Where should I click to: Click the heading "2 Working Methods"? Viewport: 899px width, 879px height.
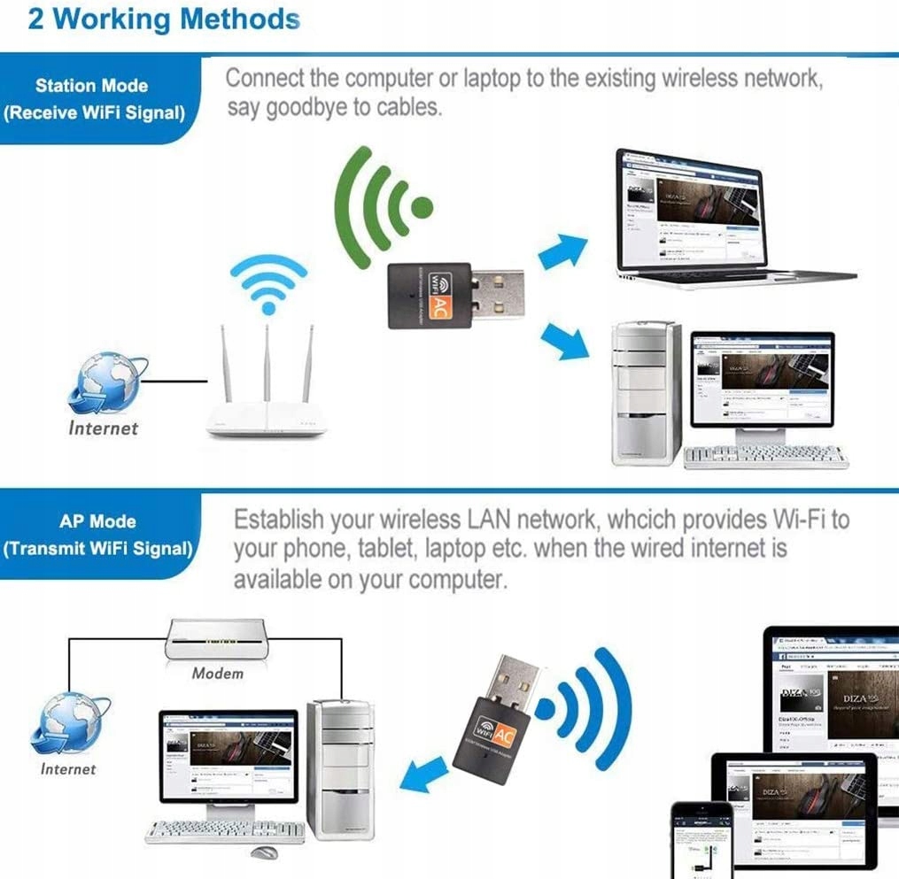(x=164, y=19)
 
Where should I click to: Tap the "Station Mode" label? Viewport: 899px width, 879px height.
(x=91, y=86)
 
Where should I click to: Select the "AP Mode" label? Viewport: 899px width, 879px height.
(x=97, y=521)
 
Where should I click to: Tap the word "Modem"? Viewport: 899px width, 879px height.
(x=217, y=673)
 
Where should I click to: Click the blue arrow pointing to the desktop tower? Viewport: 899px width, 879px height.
(x=563, y=341)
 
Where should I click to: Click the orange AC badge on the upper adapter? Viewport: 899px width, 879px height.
(x=438, y=305)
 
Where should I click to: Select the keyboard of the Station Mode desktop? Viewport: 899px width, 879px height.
(x=765, y=457)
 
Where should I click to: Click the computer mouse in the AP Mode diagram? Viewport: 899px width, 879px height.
(x=263, y=853)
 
